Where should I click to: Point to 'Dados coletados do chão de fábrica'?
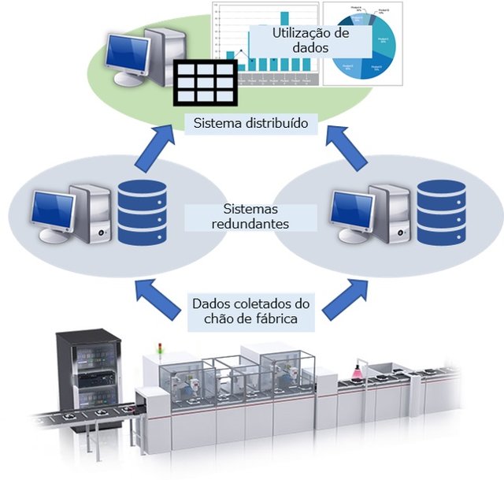point(250,312)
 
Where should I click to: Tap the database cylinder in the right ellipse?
point(441,211)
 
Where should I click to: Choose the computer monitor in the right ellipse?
point(351,211)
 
